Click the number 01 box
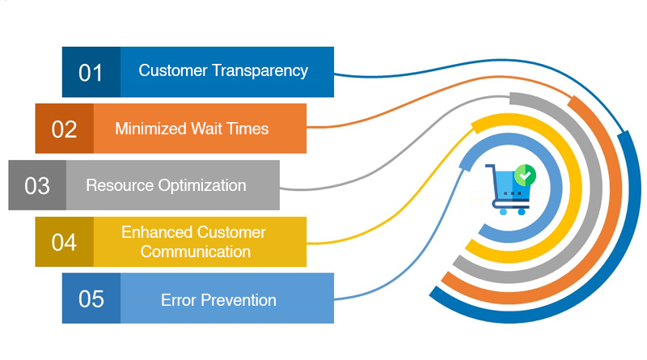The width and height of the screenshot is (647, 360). point(91,72)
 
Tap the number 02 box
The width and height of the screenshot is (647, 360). point(65,129)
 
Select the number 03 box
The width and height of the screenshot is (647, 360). point(37,185)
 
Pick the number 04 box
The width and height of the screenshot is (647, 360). point(65,242)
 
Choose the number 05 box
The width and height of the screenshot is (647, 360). point(91,299)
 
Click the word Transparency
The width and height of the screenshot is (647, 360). point(260,70)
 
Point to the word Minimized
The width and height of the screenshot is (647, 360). point(150,129)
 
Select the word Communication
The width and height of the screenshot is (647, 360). point(196,252)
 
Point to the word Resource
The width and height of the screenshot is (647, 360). point(119,185)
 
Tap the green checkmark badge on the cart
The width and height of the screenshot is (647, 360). point(526,173)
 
